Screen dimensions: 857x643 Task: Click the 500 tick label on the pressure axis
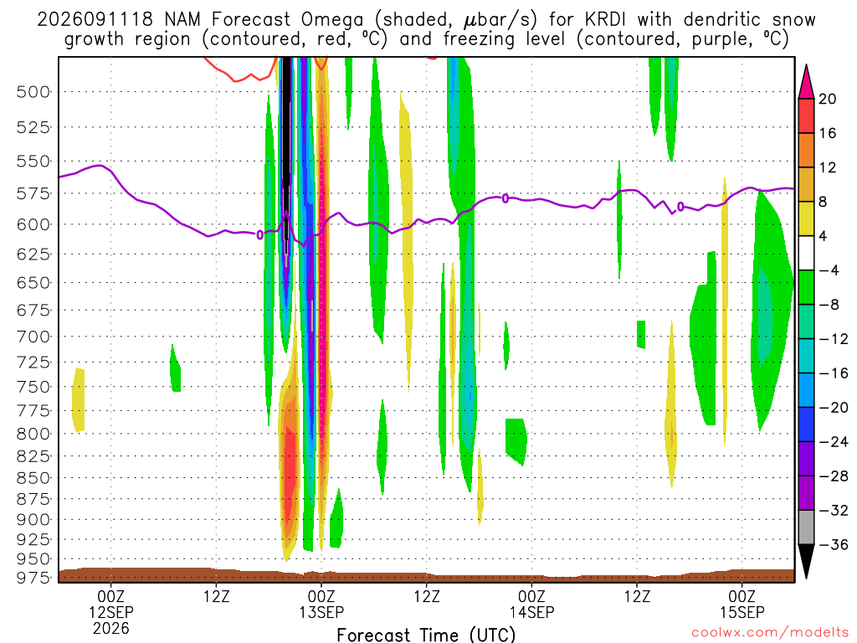(33, 91)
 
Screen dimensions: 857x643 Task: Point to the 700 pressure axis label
(33, 337)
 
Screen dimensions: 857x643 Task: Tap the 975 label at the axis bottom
(33, 578)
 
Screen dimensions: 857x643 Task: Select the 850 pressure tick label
(33, 477)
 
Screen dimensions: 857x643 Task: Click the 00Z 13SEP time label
(321, 604)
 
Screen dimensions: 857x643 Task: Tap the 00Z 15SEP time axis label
(742, 604)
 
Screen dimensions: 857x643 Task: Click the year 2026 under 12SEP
(111, 628)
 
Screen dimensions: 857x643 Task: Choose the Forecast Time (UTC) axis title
(426, 635)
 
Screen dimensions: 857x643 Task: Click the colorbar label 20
(828, 99)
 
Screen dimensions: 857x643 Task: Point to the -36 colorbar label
(834, 544)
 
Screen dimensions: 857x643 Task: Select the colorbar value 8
(824, 202)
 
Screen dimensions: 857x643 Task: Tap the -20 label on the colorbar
(834, 408)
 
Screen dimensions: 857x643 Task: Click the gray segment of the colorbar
(806, 527)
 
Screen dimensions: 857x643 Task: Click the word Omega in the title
(331, 20)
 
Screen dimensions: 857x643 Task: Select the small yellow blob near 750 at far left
(79, 400)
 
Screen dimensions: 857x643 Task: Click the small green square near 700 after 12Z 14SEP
(641, 334)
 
